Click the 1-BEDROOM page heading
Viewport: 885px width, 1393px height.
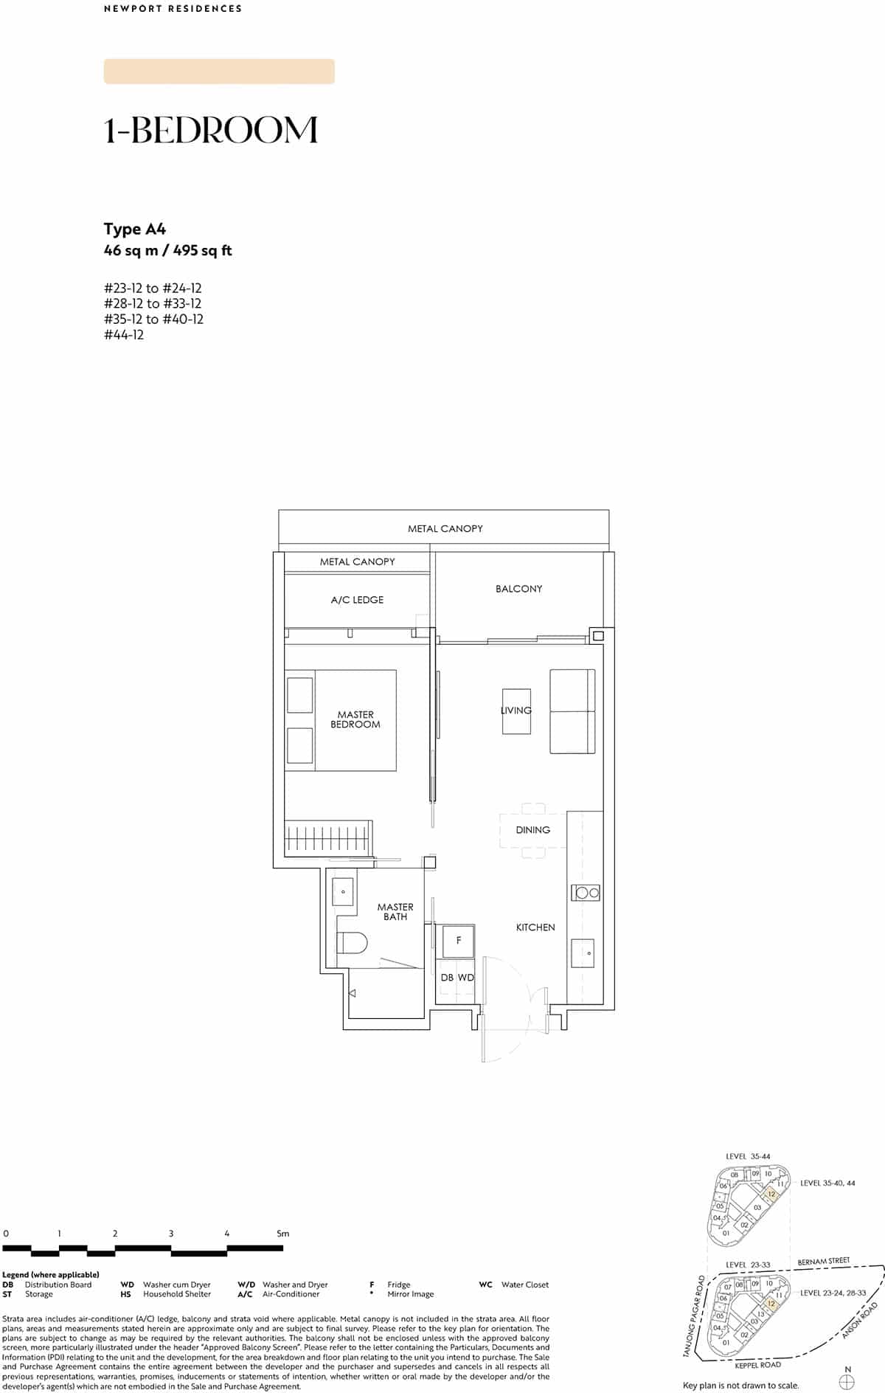click(x=211, y=130)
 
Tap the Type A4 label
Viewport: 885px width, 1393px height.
click(x=135, y=229)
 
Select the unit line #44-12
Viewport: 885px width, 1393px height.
click(x=124, y=335)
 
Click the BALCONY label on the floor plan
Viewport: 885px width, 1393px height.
click(x=518, y=589)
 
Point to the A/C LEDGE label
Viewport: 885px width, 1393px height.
click(x=357, y=600)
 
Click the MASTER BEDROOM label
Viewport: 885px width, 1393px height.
click(x=355, y=719)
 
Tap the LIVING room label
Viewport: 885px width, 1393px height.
click(x=516, y=710)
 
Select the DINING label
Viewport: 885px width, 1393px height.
click(x=532, y=830)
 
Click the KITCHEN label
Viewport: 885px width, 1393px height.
click(x=535, y=927)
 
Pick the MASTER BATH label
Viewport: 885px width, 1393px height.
click(x=395, y=912)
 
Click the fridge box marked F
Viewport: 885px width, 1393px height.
click(x=458, y=941)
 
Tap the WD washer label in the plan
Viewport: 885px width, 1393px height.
click(x=466, y=978)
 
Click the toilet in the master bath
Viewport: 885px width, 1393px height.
click(x=353, y=943)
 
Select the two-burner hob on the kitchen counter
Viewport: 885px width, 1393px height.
click(x=586, y=892)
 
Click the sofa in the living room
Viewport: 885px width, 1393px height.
click(x=572, y=711)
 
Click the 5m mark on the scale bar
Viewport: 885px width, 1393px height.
click(x=282, y=1234)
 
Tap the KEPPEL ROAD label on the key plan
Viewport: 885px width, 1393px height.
click(x=757, y=1365)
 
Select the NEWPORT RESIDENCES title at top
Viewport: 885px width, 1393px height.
click(x=173, y=9)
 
